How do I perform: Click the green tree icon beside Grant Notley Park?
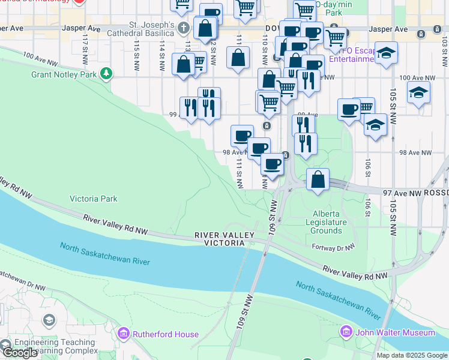106,74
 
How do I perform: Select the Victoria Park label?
94,199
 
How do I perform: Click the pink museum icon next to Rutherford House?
124,332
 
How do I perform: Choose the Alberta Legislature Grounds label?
330,222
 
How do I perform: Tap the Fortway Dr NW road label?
334,247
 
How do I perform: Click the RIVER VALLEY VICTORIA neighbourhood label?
220,239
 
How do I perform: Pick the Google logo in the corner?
19,353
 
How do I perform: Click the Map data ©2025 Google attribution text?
411,355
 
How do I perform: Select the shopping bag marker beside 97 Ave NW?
318,179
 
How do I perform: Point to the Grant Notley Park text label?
64,74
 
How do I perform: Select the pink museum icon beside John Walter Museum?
346,332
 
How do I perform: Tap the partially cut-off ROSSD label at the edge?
436,193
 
